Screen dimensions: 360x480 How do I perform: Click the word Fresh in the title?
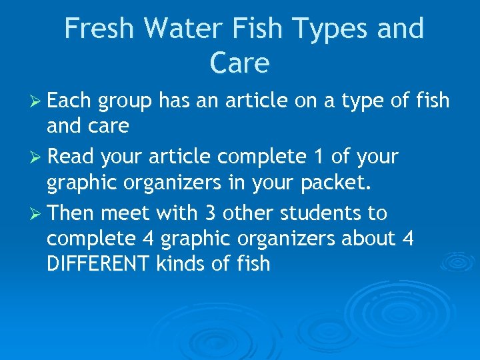(x=101, y=29)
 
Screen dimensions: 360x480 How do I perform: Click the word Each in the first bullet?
(x=69, y=101)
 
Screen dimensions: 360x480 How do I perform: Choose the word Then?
(x=71, y=213)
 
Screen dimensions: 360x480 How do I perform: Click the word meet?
(x=126, y=214)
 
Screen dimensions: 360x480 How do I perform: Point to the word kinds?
(x=181, y=263)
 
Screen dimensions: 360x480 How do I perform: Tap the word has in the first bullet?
(x=175, y=101)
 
